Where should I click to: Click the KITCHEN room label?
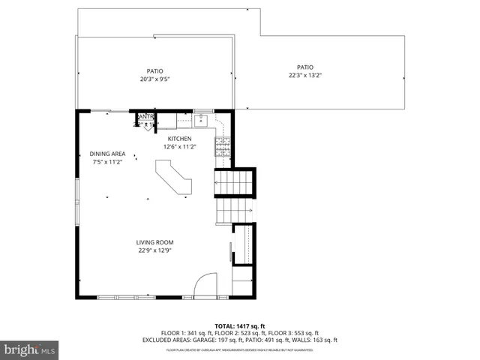(x=179, y=139)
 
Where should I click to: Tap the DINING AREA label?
(x=107, y=154)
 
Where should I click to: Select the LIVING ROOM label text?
(x=154, y=242)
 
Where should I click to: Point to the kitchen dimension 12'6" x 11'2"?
(x=179, y=147)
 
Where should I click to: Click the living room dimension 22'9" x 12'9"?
(x=154, y=250)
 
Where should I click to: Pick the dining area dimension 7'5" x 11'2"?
(x=107, y=162)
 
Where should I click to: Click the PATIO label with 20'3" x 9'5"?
(x=154, y=71)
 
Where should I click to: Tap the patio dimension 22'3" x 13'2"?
(x=304, y=75)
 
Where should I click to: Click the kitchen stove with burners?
(x=223, y=146)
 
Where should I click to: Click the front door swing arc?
(x=203, y=285)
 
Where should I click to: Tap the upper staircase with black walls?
(x=235, y=181)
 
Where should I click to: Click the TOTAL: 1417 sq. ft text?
(x=239, y=326)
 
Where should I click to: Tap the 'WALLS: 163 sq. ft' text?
(x=317, y=340)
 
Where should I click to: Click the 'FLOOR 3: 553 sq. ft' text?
(x=295, y=333)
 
